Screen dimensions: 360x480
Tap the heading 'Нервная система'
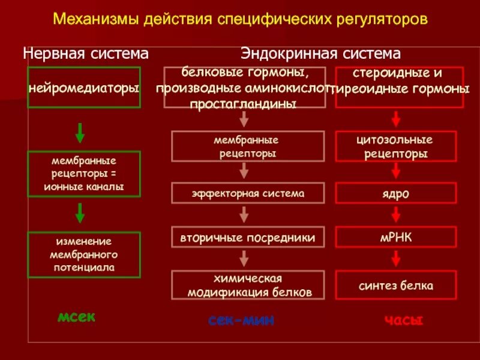pyautogui.click(x=86, y=53)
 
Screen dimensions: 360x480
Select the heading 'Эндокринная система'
pyautogui.click(x=321, y=53)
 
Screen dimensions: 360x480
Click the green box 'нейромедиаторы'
pyautogui.click(x=84, y=88)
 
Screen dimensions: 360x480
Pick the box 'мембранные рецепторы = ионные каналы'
pyautogui.click(x=84, y=173)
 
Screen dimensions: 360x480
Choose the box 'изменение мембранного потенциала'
pyautogui.click(x=84, y=254)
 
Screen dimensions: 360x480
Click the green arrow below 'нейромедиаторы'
pyautogui.click(x=80, y=130)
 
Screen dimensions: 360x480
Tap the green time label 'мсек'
pyautogui.click(x=76, y=317)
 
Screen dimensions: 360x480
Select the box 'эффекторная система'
pyautogui.click(x=248, y=193)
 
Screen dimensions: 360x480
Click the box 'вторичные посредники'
pyautogui.click(x=248, y=237)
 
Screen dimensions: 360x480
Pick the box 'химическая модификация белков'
pyautogui.click(x=248, y=286)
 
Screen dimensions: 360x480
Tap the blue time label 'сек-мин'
pyautogui.click(x=241, y=320)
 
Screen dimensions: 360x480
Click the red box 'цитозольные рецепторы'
pyautogui.click(x=395, y=147)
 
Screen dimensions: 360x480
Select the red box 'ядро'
pyautogui.click(x=395, y=193)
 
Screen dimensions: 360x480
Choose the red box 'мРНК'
pyautogui.click(x=395, y=237)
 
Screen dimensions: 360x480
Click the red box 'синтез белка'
pyautogui.click(x=395, y=286)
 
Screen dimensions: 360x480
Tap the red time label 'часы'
pyautogui.click(x=404, y=320)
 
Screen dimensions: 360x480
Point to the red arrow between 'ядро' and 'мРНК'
pyautogui.click(x=395, y=215)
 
